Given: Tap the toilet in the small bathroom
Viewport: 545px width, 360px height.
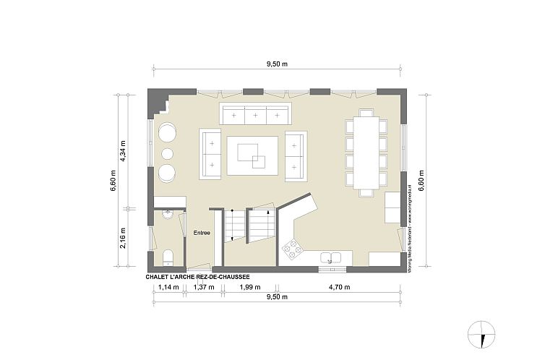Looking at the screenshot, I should coord(168,256).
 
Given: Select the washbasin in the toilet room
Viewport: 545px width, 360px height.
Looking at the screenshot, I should coord(168,213).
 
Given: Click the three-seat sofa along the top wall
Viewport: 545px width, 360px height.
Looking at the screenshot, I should coord(254,114).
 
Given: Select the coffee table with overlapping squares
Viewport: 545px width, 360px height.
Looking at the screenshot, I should coord(252,155).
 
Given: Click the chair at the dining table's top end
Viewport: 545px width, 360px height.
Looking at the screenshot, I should coord(366,113).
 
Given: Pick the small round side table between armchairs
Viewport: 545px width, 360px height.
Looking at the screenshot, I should coord(167,153).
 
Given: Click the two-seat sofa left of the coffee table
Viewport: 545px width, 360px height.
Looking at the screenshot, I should coord(211,155).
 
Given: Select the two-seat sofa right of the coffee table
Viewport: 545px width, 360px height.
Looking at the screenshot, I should coord(296,155).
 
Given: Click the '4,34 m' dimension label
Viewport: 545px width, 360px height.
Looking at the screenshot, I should coord(124,153).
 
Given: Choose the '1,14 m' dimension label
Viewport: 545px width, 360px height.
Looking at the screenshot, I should coord(167,288).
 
